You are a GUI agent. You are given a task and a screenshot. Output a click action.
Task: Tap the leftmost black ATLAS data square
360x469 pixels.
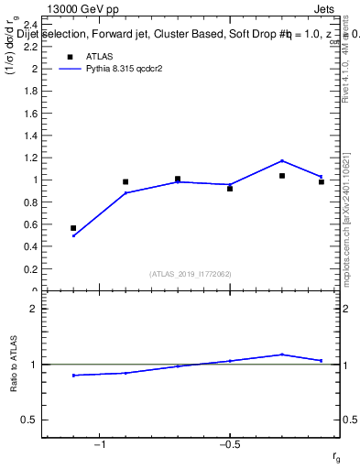point(73,228)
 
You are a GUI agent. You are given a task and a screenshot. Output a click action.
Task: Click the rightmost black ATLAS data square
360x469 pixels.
point(322,181)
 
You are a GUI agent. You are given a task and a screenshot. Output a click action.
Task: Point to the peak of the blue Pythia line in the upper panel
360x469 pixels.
point(282,160)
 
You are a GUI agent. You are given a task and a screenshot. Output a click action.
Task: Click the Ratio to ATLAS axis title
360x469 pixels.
point(15,365)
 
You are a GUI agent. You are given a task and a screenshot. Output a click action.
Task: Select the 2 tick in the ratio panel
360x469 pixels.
point(33,309)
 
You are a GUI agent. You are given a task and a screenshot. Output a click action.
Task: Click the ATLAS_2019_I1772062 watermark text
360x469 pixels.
point(191,274)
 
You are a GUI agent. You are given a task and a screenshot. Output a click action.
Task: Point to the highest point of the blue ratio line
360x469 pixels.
point(282,354)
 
